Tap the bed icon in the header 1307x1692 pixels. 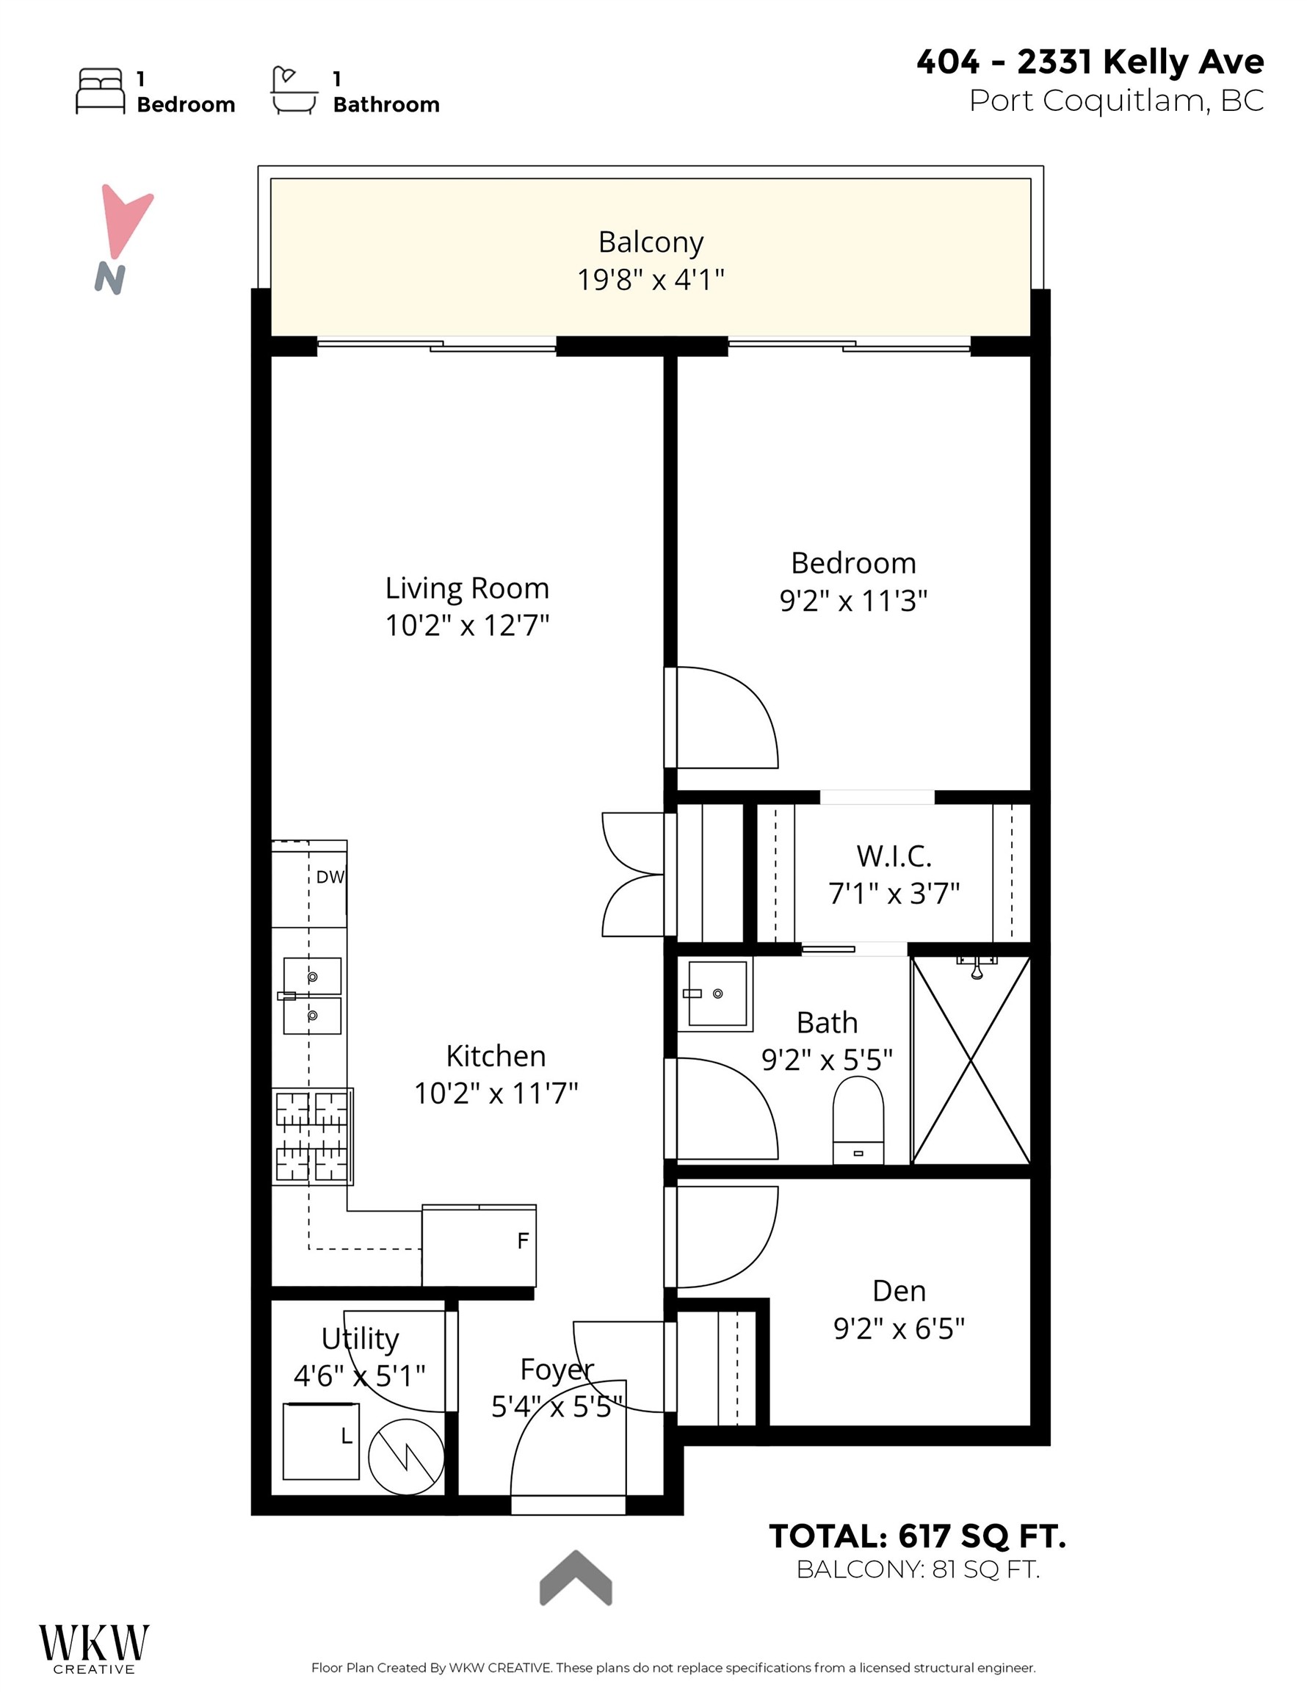pos(100,91)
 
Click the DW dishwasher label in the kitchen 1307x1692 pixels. pos(330,877)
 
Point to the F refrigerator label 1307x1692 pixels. pos(523,1241)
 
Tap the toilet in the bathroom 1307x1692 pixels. pos(858,1120)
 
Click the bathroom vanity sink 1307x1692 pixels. pos(716,993)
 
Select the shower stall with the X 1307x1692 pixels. pos(971,1060)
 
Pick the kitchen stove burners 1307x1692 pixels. pos(312,1137)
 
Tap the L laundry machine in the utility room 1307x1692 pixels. pos(322,1441)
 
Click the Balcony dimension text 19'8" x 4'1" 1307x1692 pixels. pos(651,279)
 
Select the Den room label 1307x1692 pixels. pos(899,1291)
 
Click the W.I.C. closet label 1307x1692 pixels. pos(894,856)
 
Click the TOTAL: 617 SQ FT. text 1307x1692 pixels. pos(917,1536)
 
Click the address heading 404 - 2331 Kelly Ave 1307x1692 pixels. pos(1090,62)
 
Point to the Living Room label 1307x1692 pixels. pos(467,588)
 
